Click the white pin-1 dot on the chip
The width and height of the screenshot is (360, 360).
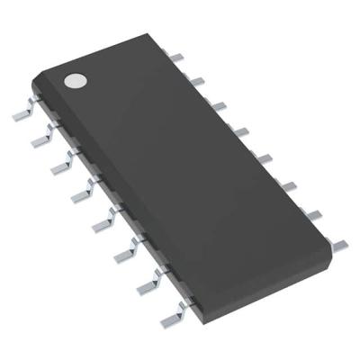click(74, 81)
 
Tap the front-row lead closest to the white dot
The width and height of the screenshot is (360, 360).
click(22, 115)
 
